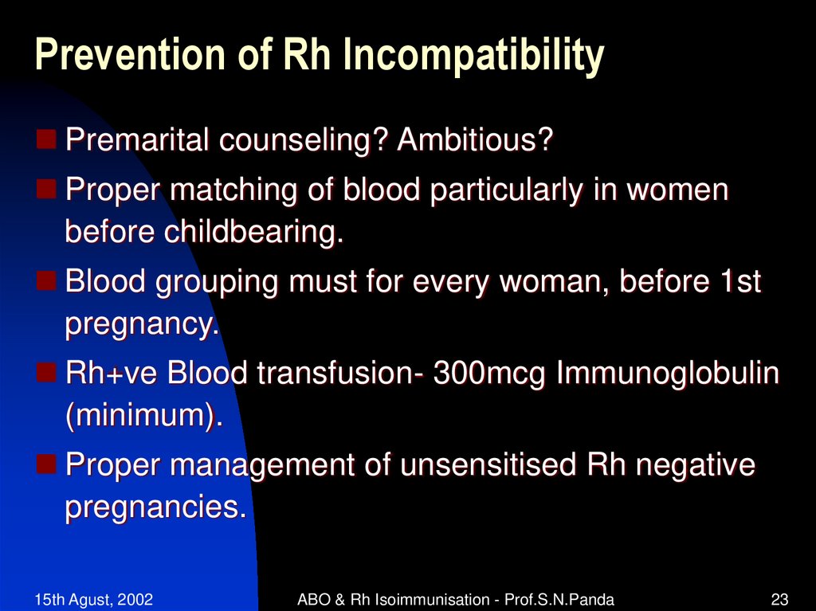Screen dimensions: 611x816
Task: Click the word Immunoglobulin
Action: [666, 374]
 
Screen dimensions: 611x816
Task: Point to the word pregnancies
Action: [155, 507]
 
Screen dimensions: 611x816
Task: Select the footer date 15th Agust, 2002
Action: [94, 599]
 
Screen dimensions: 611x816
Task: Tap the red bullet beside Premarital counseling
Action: [47, 142]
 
